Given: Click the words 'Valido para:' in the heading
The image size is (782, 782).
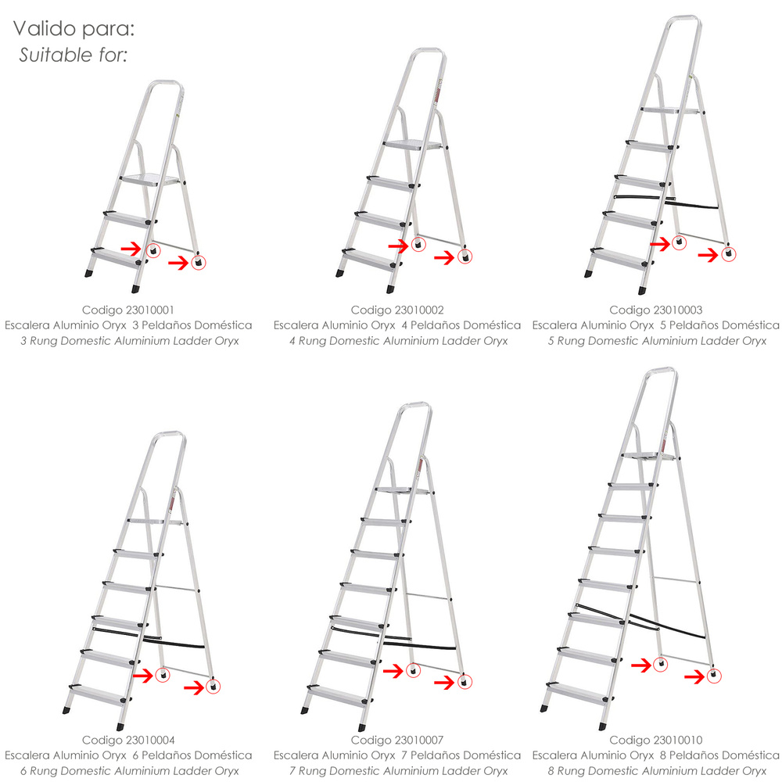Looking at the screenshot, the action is [74, 29].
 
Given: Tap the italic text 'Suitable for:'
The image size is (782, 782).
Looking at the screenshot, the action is [74, 55].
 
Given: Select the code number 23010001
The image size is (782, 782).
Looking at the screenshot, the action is [149, 310].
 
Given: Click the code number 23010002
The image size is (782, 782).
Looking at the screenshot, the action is [418, 310].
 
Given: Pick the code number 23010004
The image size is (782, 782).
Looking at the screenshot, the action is [149, 740].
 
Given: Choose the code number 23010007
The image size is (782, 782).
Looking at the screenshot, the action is [418, 740].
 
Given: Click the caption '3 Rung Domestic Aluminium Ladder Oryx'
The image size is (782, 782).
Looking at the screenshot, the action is [130, 341].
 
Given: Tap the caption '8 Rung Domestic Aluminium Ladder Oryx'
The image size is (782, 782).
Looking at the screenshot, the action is [657, 771].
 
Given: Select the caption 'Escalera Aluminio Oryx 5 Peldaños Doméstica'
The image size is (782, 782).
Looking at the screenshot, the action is [656, 325].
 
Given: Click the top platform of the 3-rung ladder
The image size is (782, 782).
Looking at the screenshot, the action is [149, 180].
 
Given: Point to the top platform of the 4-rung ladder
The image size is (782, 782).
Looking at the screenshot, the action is [413, 145].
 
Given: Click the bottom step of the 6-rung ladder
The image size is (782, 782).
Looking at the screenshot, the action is [99, 694].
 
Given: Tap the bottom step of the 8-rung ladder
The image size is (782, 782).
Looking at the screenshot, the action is [579, 691].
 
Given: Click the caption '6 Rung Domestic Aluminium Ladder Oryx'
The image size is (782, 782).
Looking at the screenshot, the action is [130, 771].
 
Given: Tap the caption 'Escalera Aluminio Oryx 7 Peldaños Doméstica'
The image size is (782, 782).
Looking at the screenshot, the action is [397, 755].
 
